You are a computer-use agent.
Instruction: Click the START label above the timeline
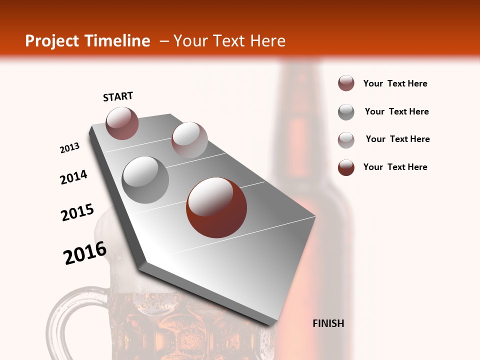pyautogui.click(x=118, y=96)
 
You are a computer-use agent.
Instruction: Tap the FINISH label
pyautogui.click(x=328, y=323)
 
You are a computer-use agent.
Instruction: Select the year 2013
pyautogui.click(x=70, y=148)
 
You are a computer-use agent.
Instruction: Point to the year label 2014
pyautogui.click(x=73, y=177)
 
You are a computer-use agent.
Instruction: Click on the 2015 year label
pyautogui.click(x=77, y=212)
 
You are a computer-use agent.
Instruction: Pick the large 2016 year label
pyautogui.click(x=85, y=253)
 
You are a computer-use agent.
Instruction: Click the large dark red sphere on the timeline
pyautogui.click(x=216, y=207)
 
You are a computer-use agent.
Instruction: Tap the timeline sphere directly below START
pyautogui.click(x=122, y=123)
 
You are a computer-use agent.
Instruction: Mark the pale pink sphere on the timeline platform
pyautogui.click(x=189, y=140)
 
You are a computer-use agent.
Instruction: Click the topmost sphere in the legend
pyautogui.click(x=346, y=83)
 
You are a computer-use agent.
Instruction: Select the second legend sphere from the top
pyautogui.click(x=346, y=112)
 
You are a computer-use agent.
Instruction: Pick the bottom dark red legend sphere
pyautogui.click(x=346, y=167)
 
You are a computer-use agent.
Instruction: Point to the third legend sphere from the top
pyautogui.click(x=346, y=140)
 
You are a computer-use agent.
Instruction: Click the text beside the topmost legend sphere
pyautogui.click(x=395, y=83)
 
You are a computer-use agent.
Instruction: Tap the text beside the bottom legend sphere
pyautogui.click(x=395, y=167)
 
